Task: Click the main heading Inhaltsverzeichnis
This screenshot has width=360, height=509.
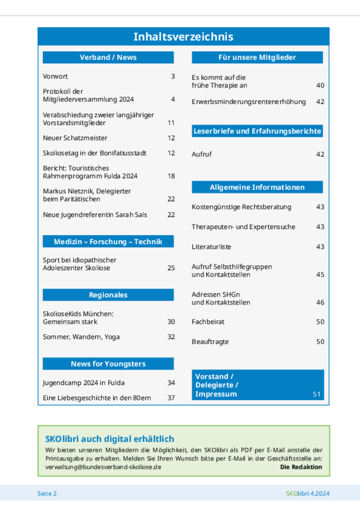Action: tap(183, 37)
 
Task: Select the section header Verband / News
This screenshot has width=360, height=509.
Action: tap(108, 57)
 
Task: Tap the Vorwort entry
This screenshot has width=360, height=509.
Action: tap(55, 76)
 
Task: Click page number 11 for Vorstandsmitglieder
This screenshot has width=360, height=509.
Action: tap(171, 123)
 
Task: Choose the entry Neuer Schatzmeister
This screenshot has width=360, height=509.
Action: tap(75, 138)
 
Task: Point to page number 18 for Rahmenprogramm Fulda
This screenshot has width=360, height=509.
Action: tap(171, 176)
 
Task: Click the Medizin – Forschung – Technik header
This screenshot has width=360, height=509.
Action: tap(108, 242)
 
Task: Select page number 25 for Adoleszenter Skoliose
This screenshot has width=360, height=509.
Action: tap(171, 268)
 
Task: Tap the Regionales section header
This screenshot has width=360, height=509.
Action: tap(108, 295)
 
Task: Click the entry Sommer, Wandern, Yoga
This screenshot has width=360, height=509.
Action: tap(81, 337)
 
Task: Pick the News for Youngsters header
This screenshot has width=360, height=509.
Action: tap(108, 364)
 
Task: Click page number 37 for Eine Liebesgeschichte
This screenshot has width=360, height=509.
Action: tap(171, 398)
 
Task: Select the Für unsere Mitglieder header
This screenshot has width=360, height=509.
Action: tap(257, 57)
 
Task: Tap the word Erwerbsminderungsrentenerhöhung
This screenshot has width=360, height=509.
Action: tap(249, 102)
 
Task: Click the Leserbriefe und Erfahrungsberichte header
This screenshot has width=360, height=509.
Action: tap(257, 131)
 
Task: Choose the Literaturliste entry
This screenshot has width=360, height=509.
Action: tap(211, 247)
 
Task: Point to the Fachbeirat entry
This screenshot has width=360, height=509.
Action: tap(208, 322)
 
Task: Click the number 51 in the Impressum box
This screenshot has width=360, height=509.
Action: tap(316, 394)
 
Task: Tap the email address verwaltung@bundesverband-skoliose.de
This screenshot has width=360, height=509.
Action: tap(103, 467)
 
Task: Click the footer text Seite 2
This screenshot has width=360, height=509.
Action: tap(47, 494)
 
